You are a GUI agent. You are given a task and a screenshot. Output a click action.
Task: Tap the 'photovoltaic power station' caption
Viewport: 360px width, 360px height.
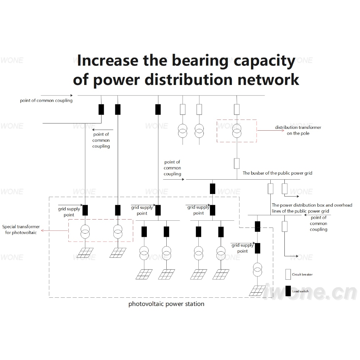(x=166, y=304)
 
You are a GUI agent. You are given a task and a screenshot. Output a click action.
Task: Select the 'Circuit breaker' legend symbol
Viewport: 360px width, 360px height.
(x=288, y=274)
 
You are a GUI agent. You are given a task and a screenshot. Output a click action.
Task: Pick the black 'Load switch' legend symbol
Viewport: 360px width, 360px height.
(x=288, y=291)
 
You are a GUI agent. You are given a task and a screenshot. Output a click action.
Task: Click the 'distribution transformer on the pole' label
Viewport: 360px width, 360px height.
(x=298, y=130)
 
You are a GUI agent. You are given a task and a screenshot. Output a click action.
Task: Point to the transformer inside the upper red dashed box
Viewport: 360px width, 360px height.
(x=237, y=131)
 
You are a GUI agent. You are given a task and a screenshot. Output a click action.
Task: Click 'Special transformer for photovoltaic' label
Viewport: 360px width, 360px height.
(x=21, y=230)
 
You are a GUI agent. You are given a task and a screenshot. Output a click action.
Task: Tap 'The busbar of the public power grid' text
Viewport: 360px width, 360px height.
(x=277, y=173)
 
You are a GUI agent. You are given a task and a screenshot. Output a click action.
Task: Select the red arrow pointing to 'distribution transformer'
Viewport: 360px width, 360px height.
(x=271, y=131)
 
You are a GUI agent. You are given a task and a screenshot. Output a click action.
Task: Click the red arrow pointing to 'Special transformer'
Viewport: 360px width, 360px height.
(x=55, y=230)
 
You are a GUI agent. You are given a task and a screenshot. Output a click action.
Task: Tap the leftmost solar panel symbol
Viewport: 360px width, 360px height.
(x=85, y=253)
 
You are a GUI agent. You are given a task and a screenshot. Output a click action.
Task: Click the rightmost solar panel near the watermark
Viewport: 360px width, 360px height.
(x=258, y=291)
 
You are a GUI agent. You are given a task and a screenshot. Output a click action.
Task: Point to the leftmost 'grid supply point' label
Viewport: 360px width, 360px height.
(x=69, y=212)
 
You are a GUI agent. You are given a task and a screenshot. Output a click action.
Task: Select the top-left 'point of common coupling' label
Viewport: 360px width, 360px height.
(x=46, y=100)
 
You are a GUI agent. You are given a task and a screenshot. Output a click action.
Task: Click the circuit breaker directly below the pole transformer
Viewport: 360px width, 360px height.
(x=237, y=163)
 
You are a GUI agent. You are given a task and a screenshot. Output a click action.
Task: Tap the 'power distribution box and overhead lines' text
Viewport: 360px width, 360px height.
(x=312, y=208)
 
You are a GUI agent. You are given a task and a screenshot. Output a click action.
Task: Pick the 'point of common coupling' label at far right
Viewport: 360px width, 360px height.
(x=319, y=224)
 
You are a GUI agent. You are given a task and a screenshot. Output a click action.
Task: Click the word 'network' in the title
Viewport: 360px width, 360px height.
(x=268, y=80)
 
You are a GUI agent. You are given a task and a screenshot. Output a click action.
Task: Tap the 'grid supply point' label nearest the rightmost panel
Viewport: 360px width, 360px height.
(x=242, y=248)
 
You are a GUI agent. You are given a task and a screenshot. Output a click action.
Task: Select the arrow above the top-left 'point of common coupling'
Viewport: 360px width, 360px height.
(x=57, y=95)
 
